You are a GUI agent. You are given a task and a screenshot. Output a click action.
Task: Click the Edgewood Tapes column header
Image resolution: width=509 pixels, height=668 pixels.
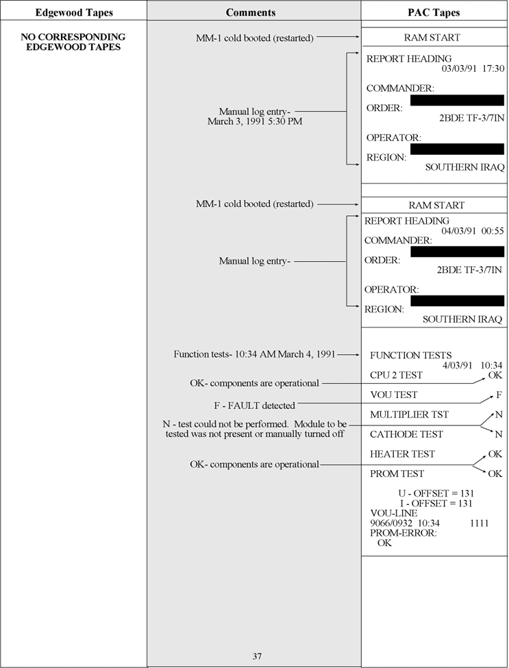pyautogui.click(x=74, y=12)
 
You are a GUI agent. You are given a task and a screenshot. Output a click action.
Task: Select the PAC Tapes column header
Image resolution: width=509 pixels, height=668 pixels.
pyautogui.click(x=434, y=12)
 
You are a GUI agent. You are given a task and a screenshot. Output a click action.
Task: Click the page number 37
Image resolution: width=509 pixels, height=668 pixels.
pyautogui.click(x=257, y=656)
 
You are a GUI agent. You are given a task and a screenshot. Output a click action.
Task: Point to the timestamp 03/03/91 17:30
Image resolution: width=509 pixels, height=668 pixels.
pyautogui.click(x=473, y=69)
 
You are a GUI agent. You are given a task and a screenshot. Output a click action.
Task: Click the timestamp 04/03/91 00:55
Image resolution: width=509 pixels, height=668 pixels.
pyautogui.click(x=473, y=231)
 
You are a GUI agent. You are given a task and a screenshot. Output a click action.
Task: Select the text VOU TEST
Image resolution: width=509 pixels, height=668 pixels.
pyautogui.click(x=393, y=395)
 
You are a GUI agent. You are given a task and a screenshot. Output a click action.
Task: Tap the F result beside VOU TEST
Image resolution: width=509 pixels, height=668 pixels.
pyautogui.click(x=499, y=395)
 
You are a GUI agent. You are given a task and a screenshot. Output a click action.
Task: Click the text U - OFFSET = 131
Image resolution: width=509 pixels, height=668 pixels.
pyautogui.click(x=436, y=493)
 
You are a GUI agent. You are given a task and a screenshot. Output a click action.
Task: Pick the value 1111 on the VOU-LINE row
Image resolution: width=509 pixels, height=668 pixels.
pyautogui.click(x=480, y=523)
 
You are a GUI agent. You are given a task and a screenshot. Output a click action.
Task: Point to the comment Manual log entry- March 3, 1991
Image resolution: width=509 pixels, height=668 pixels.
pyautogui.click(x=254, y=116)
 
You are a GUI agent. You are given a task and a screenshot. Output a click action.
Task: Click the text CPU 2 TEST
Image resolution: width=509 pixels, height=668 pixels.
pyautogui.click(x=396, y=375)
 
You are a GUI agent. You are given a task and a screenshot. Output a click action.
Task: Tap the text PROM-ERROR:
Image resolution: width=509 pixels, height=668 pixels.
pyautogui.click(x=403, y=532)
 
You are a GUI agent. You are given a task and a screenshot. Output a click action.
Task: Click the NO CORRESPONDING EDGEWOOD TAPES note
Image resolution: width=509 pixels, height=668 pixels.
pyautogui.click(x=73, y=42)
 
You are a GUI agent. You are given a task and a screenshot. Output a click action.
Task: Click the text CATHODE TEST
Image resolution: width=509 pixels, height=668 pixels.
pyautogui.click(x=406, y=434)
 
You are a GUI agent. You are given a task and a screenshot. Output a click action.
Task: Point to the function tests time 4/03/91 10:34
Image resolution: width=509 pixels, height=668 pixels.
pyautogui.click(x=472, y=365)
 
